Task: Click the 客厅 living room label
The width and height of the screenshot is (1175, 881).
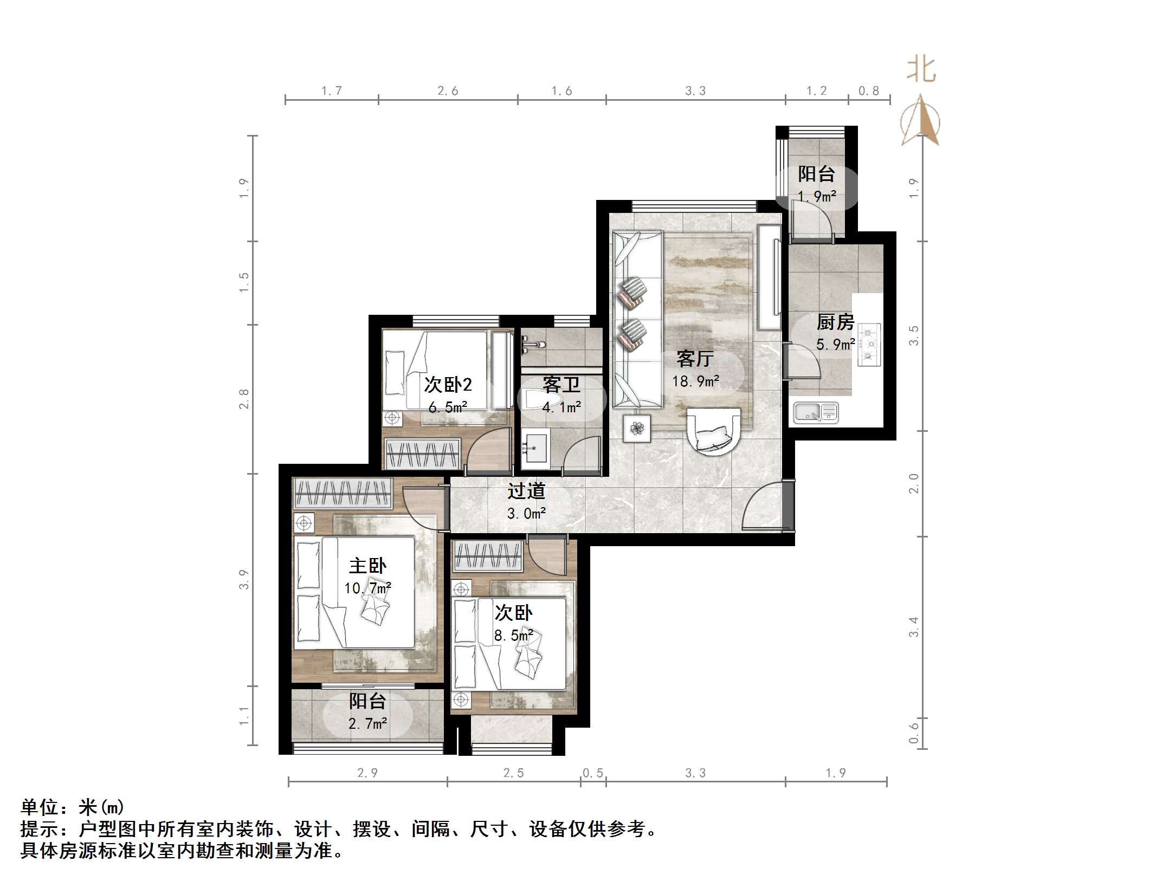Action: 695,359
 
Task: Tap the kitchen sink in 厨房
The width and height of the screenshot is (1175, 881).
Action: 816,412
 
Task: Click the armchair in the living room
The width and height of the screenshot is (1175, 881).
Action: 713,429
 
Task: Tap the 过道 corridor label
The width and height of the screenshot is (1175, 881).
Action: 526,491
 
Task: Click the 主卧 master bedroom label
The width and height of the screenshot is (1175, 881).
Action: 367,566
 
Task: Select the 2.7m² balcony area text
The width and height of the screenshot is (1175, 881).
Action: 367,723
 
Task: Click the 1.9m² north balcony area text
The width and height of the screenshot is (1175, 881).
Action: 817,196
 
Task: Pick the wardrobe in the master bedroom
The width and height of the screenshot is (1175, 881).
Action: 343,493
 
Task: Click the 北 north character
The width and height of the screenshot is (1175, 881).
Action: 921,70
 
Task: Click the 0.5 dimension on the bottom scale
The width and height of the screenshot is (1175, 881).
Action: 593,773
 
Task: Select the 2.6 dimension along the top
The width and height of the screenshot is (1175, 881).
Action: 448,91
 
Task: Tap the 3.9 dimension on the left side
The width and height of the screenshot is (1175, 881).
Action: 244,580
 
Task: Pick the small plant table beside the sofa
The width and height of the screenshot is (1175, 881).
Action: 637,429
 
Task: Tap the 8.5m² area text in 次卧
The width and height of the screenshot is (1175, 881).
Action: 513,635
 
